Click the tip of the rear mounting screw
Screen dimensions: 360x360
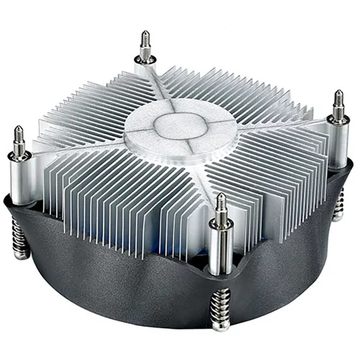146,33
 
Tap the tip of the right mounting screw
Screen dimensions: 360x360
337,94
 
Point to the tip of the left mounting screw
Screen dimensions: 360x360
18,130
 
